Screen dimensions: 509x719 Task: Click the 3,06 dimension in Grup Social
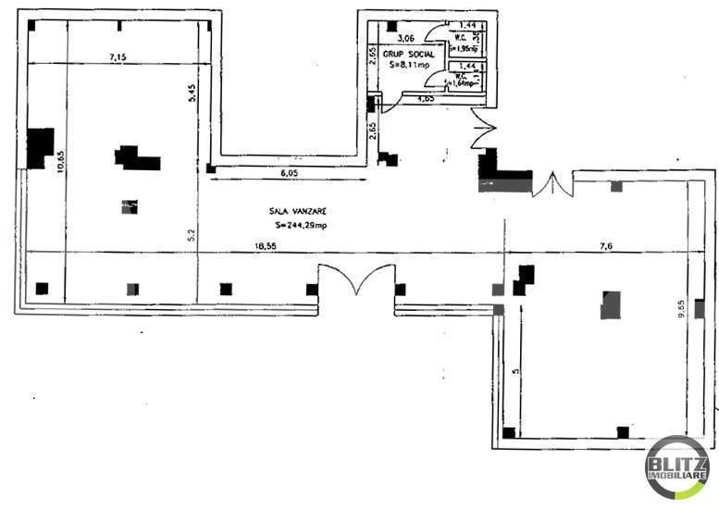[404, 39]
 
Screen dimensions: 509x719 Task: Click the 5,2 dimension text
[191, 236]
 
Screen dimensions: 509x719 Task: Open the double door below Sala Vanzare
[354, 280]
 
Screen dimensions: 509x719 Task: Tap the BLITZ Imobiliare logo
[676, 467]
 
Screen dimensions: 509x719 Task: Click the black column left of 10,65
[40, 148]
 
